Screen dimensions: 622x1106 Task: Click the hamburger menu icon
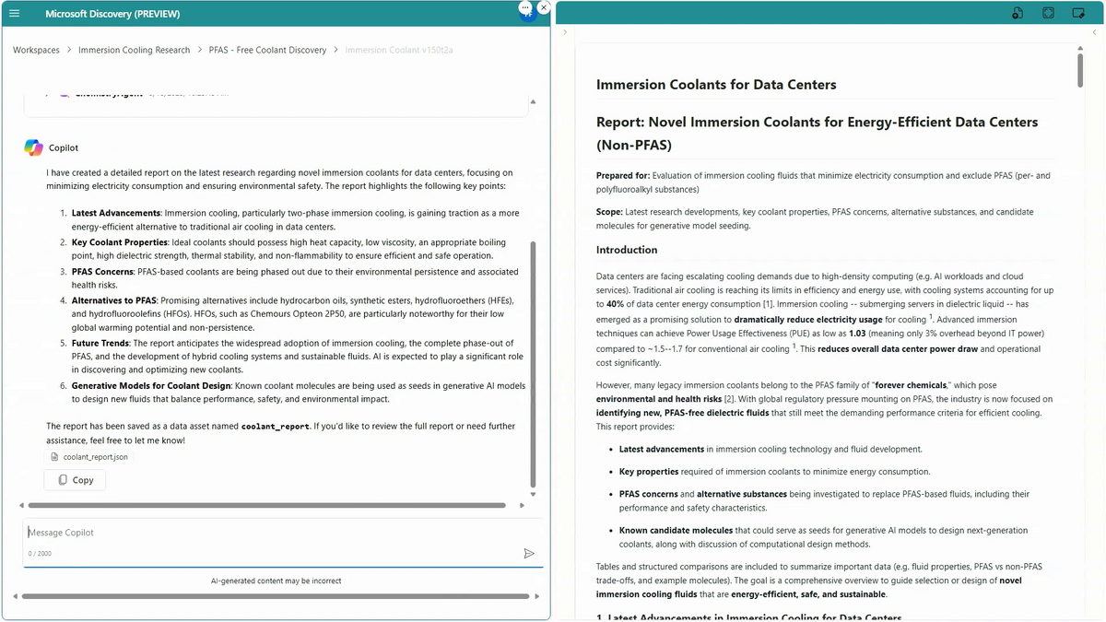coord(14,14)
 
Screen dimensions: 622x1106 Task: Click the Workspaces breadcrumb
coord(36,50)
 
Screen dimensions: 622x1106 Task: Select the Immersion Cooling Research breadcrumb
coord(134,50)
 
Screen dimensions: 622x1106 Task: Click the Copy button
coord(75,480)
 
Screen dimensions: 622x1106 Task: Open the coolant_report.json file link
coord(95,456)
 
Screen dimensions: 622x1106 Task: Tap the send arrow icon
coord(529,554)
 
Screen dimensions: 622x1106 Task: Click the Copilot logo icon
coord(33,147)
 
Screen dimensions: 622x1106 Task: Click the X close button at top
coord(544,7)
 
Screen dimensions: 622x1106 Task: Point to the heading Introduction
coord(627,250)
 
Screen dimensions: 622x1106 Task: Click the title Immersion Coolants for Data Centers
coord(716,85)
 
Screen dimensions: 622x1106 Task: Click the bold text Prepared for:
coord(623,175)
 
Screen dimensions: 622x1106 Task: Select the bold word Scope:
coord(609,212)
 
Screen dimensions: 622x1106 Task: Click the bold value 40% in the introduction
coord(616,303)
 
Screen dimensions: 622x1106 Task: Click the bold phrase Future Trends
coord(100,343)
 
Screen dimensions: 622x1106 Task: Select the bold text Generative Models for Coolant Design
coord(151,385)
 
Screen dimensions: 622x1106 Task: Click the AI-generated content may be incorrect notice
coord(276,581)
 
